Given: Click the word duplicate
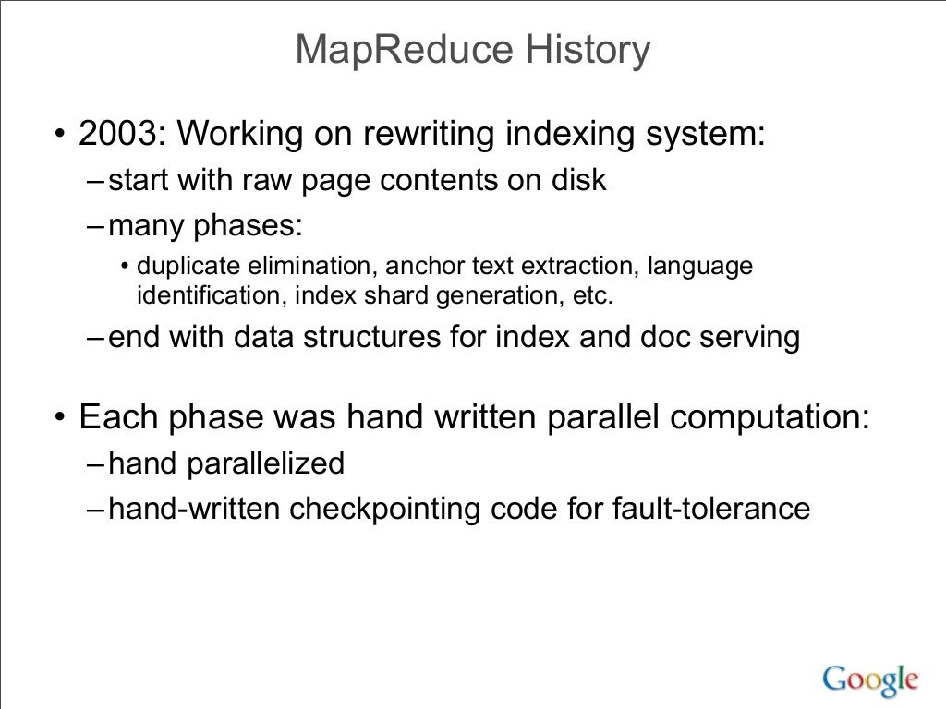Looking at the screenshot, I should (189, 267).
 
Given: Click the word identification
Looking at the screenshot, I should (189, 296).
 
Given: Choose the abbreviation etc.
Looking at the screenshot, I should (593, 296).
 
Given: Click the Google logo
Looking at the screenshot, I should (868, 679).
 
